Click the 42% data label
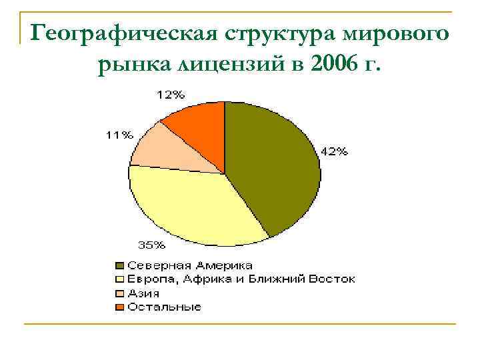coord(334,151)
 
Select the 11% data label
coord(117,135)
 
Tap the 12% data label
coord(171,95)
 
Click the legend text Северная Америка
coord(190,266)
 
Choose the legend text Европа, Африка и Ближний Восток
coord(241,279)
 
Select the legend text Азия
coord(143,293)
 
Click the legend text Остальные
coord(164,307)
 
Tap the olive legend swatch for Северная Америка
coord(120,266)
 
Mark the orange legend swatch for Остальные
coord(120,307)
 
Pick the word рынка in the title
coord(133,65)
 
